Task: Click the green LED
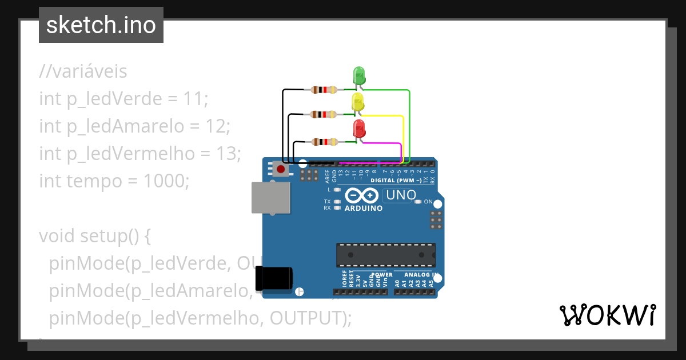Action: click(x=359, y=76)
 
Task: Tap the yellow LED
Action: click(x=358, y=103)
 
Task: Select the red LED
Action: click(x=359, y=129)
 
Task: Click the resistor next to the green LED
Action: click(x=324, y=90)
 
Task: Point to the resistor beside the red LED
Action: click(x=324, y=141)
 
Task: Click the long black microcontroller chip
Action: click(x=385, y=255)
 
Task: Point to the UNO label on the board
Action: click(x=401, y=195)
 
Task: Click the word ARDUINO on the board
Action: click(x=364, y=208)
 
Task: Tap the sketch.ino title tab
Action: click(x=101, y=25)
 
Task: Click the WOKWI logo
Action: click(x=607, y=315)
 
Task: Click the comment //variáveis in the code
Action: click(x=83, y=71)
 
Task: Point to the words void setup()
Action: click(x=94, y=235)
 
